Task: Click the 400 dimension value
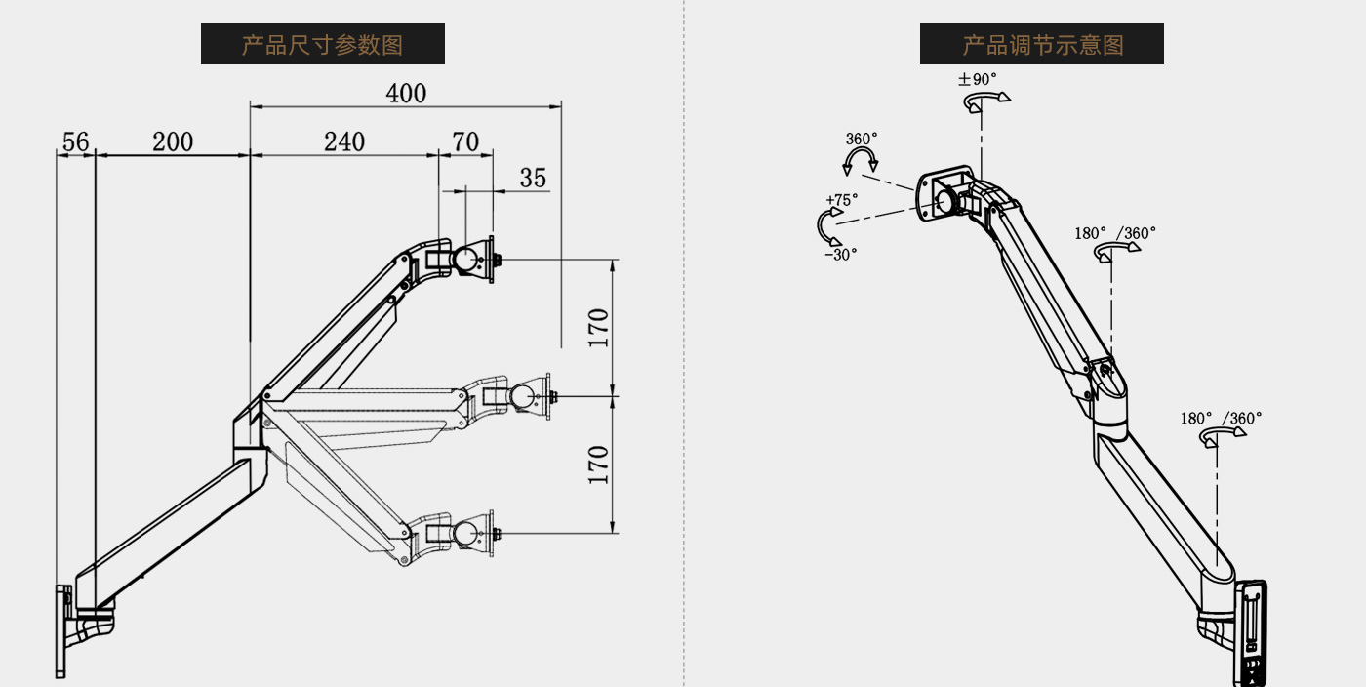pyautogui.click(x=406, y=94)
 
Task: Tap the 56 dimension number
pyautogui.click(x=76, y=142)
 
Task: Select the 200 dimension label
pyautogui.click(x=173, y=142)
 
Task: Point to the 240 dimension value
pyautogui.click(x=343, y=142)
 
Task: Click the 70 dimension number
pyautogui.click(x=465, y=142)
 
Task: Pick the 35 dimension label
pyautogui.click(x=533, y=179)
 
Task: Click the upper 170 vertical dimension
pyautogui.click(x=599, y=328)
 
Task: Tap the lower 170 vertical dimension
pyautogui.click(x=599, y=465)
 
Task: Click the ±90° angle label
pyautogui.click(x=977, y=79)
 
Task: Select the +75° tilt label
pyautogui.click(x=841, y=199)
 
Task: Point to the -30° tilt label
pyautogui.click(x=841, y=255)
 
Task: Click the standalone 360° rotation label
pyautogui.click(x=861, y=140)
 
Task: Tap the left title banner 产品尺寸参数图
pyautogui.click(x=323, y=44)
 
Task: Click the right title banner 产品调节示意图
pyautogui.click(x=1042, y=44)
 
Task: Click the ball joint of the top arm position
pyautogui.click(x=466, y=260)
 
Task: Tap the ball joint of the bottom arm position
pyautogui.click(x=466, y=533)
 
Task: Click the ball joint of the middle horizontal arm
pyautogui.click(x=523, y=396)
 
